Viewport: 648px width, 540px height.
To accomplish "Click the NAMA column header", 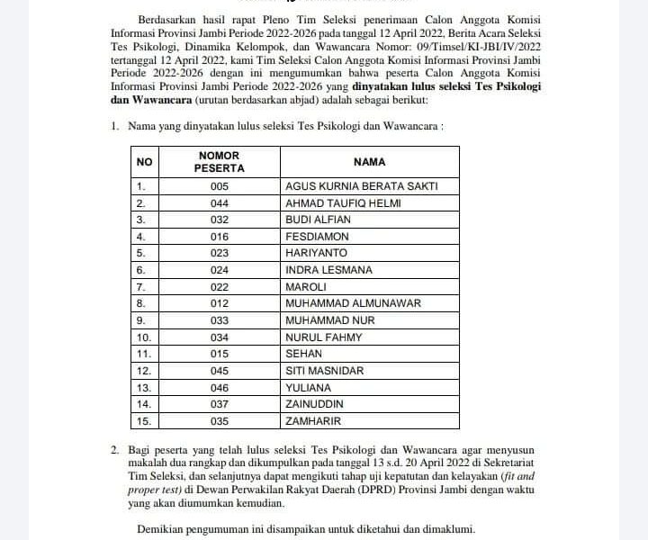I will (369, 162).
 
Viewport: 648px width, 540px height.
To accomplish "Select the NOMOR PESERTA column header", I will (220, 162).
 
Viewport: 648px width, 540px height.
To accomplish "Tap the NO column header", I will (145, 162).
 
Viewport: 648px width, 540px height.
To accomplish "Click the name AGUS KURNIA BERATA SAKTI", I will (361, 186).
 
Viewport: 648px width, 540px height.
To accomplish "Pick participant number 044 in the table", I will (220, 203).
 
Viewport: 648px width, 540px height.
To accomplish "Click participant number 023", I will (220, 253).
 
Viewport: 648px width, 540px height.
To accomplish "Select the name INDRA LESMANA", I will (328, 270).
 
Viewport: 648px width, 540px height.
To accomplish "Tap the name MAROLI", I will (306, 286).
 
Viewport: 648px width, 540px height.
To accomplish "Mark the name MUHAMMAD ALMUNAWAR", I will (353, 303).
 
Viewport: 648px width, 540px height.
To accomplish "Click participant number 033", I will (220, 320).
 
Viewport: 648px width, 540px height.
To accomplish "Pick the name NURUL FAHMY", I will (323, 337).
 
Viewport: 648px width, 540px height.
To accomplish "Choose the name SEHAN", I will (304, 354).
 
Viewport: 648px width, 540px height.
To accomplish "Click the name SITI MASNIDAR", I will (325, 371).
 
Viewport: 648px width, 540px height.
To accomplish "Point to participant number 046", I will (220, 387).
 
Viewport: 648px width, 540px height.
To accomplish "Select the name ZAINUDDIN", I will (320, 404).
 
